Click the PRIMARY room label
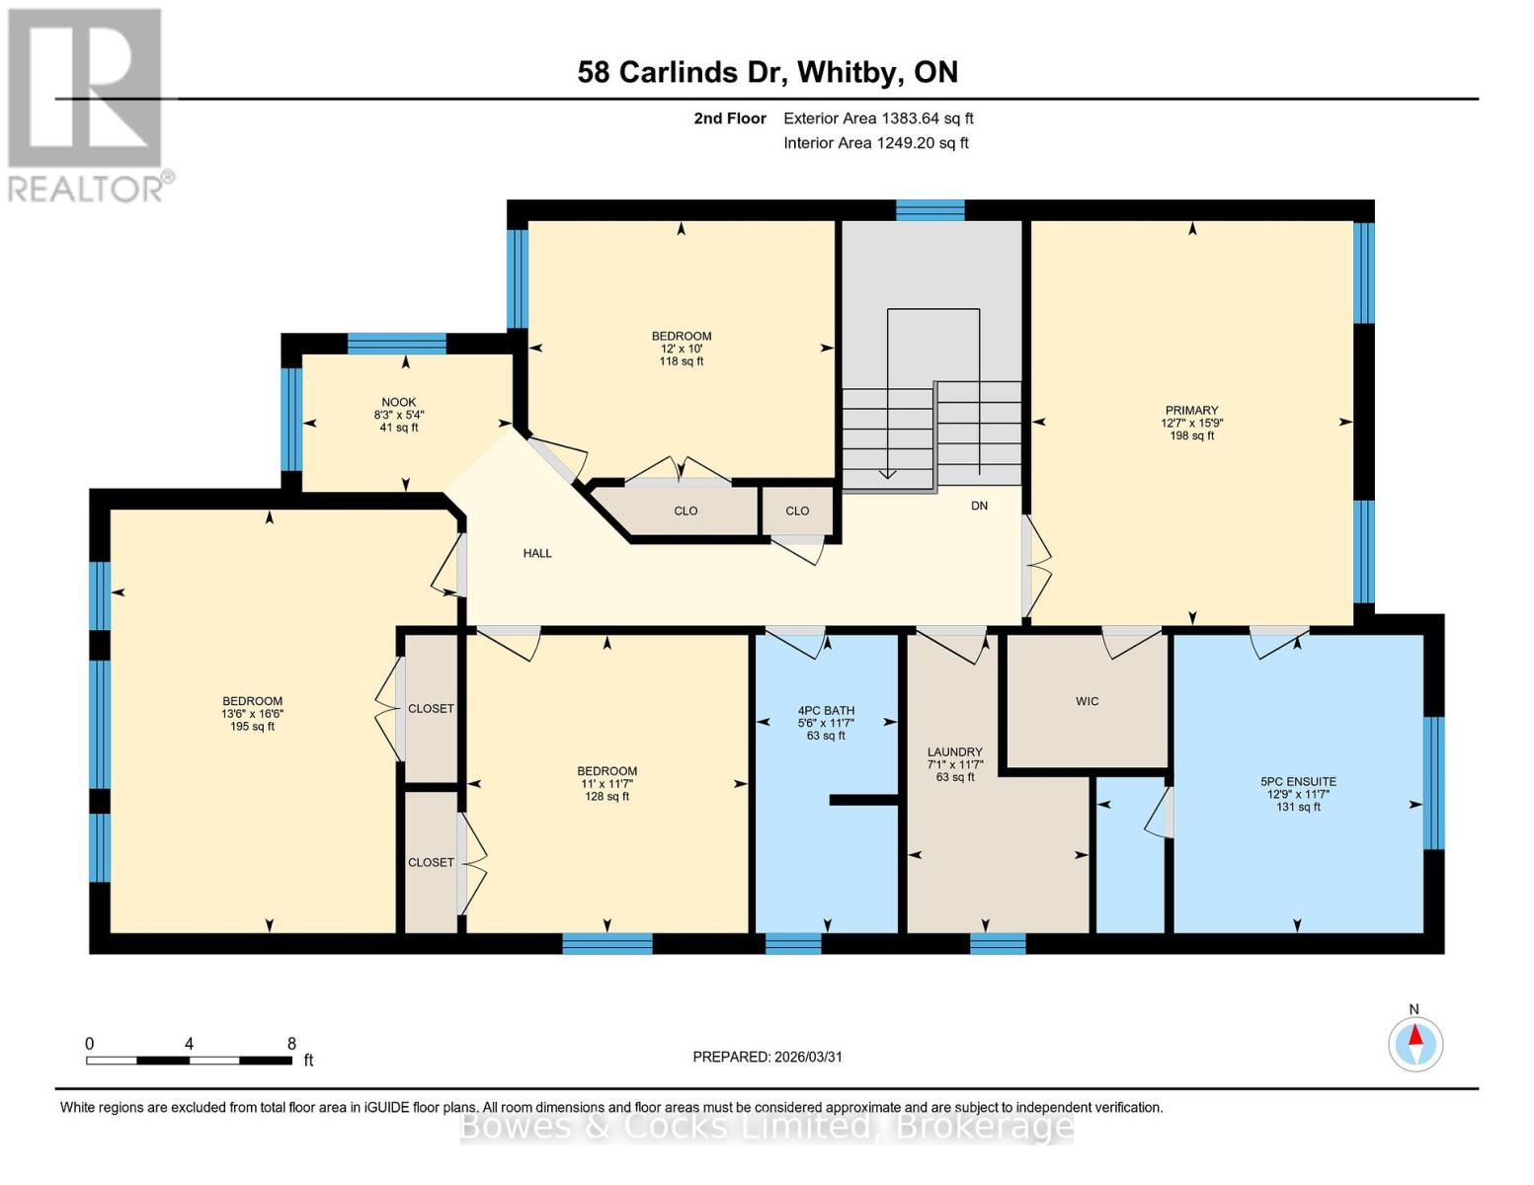1191,410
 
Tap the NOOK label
399,402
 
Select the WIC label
1087,701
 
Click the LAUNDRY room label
954,751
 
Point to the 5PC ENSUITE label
1297,781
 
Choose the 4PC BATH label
826,710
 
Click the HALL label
537,553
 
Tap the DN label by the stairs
979,506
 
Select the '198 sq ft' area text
1191,435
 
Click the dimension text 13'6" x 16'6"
253,714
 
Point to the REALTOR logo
87,105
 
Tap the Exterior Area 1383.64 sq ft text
878,118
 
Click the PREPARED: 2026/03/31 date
767,1057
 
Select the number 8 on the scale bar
290,1044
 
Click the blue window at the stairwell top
929,210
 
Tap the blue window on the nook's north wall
396,344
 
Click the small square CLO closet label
797,511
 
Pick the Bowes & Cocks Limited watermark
767,1126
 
